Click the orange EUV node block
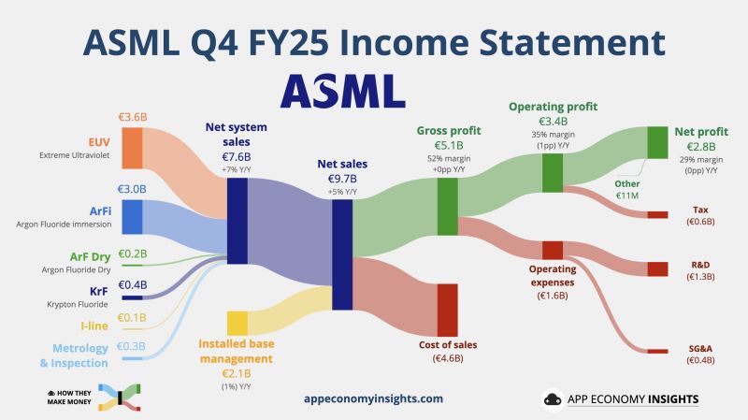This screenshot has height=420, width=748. pos(132,148)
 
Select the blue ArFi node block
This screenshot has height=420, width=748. pos(132,216)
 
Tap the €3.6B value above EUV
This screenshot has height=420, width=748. pos(132,118)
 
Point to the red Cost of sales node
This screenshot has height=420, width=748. pos(447,309)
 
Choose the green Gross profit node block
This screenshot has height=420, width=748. pos(447,206)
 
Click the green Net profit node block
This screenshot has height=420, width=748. pos(658,141)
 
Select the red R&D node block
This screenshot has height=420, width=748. pos(658,269)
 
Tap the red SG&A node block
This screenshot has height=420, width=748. pos(658,351)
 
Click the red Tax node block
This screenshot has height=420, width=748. pos(658,214)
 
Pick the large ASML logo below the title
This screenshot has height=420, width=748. pos(342,91)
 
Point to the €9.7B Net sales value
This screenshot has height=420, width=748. pos(341,177)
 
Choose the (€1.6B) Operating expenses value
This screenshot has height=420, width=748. pos(553,296)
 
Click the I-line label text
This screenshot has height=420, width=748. pos(93,326)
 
